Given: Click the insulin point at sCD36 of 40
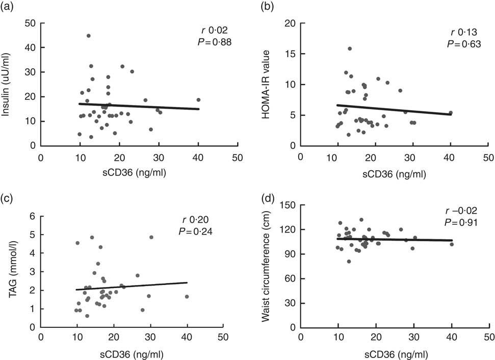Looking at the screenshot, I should point(198,100).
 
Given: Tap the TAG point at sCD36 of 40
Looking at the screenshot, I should point(187,296).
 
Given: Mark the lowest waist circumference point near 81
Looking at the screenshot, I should point(349,261).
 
